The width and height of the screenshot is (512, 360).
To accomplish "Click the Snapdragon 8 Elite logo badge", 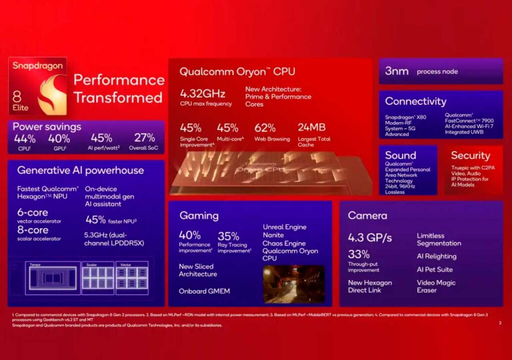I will pos(37,85).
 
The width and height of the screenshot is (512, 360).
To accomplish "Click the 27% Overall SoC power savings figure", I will pos(144,138).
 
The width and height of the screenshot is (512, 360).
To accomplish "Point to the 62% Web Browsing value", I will pos(265,127).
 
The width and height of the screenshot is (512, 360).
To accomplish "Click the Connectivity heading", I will pos(415,101).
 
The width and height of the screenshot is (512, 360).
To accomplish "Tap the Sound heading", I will pos(400,155).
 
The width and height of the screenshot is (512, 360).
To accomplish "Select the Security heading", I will pos(470,155).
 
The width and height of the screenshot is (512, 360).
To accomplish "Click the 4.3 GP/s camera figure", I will pos(370,236).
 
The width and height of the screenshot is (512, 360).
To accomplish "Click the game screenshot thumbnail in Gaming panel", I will pos(293,283).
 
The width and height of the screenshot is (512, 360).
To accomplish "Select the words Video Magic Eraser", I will pos(436,286).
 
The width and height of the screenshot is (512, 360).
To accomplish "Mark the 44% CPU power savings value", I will pos(24,138).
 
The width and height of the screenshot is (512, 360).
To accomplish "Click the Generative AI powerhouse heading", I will pos(80,170).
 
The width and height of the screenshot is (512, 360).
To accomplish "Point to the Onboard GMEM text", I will pos(204,291).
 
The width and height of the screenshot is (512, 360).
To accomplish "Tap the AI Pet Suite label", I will pos(434,269).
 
